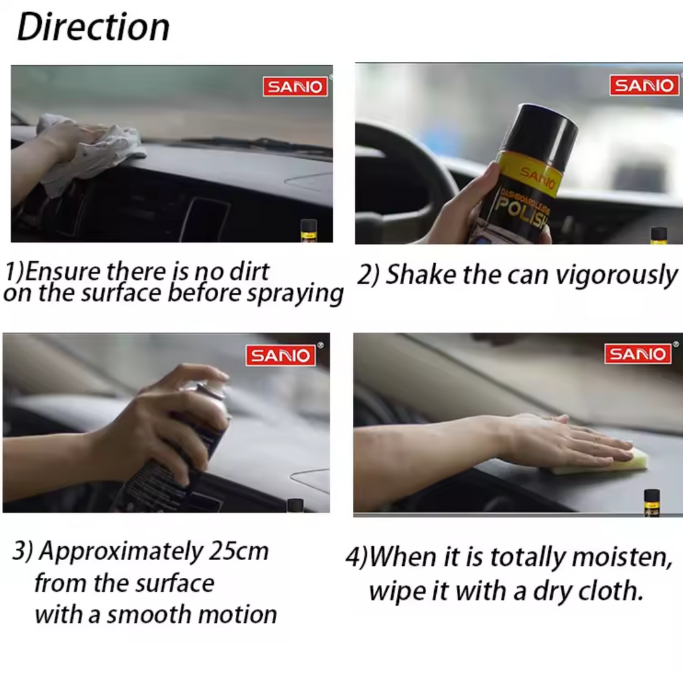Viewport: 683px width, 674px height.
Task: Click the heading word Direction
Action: point(93,27)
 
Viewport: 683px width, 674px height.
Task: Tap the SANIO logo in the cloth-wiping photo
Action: point(295,87)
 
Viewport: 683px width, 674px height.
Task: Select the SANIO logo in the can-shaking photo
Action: point(644,85)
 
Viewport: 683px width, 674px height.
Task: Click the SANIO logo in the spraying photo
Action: point(281,355)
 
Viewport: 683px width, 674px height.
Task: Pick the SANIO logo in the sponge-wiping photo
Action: point(638,353)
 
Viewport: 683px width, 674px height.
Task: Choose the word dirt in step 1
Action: point(249,271)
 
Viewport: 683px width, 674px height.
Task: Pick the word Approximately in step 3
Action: point(121,552)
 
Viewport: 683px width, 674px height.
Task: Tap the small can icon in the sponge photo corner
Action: point(652,502)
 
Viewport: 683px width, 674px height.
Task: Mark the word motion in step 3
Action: point(237,615)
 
